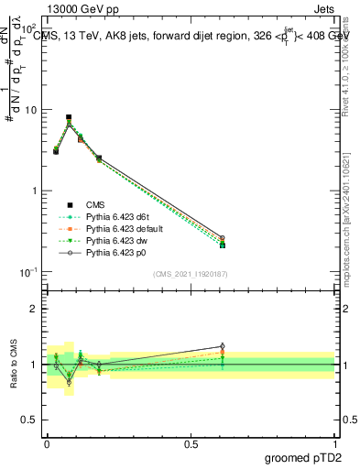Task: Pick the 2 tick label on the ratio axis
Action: (x=33, y=309)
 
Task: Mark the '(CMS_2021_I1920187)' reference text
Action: (x=191, y=273)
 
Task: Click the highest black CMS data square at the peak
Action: (x=69, y=117)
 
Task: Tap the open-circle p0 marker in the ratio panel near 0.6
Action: (x=222, y=346)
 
